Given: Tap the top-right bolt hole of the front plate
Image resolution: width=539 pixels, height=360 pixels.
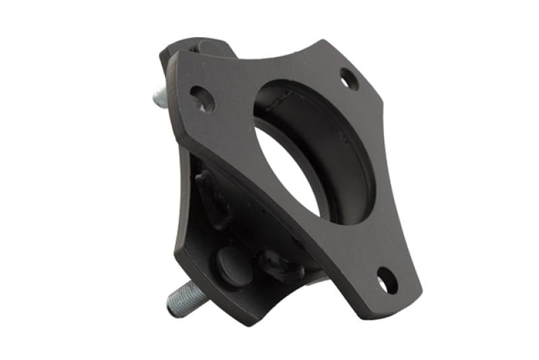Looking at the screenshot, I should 349,78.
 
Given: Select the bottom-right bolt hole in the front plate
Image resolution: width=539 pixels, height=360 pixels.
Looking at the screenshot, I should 387,280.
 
